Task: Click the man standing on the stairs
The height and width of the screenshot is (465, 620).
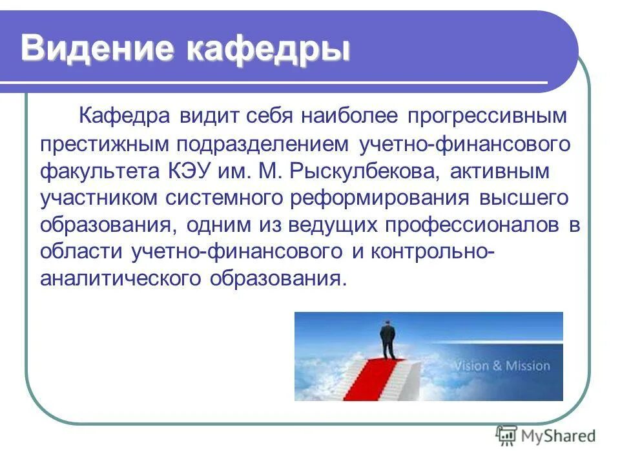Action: click(x=388, y=341)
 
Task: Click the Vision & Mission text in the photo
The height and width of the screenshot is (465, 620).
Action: click(x=501, y=366)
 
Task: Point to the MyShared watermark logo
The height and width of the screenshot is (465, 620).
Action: click(x=546, y=436)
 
